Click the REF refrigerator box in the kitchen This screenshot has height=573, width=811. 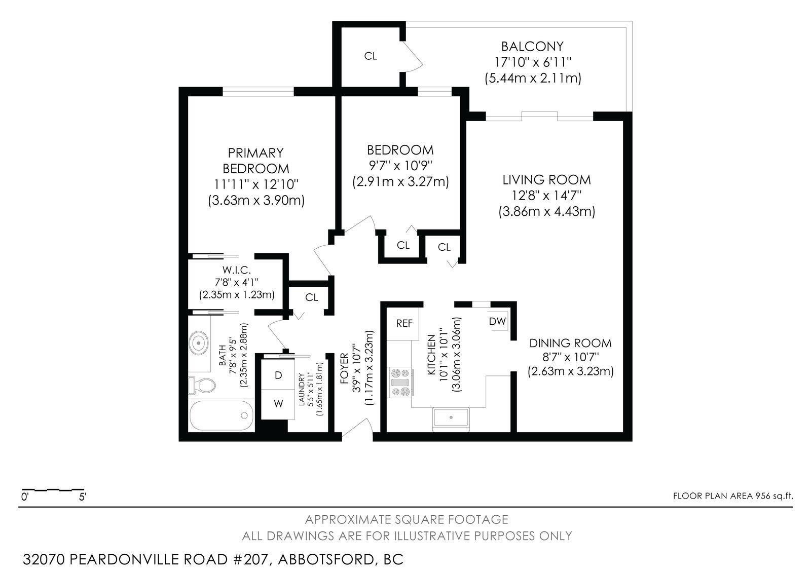[404, 324]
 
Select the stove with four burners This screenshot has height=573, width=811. [401, 383]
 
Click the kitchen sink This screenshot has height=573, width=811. [451, 418]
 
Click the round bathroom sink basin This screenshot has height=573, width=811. [198, 343]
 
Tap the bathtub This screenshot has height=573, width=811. [222, 416]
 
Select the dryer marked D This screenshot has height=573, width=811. [278, 375]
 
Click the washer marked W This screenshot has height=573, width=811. [278, 404]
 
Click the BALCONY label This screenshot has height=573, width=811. [532, 47]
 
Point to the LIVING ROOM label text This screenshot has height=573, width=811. [546, 179]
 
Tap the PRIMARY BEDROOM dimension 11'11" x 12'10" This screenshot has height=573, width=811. [256, 184]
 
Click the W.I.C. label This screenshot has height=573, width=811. [236, 271]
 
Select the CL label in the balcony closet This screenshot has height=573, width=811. [371, 56]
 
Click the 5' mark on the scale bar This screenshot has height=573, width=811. [83, 497]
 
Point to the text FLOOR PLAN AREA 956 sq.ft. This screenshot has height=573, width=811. [732, 496]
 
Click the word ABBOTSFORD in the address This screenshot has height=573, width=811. [324, 559]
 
